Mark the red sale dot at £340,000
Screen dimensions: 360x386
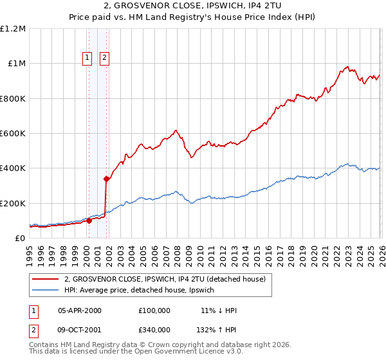[x=106, y=179]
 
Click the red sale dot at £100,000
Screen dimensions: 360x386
[x=89, y=221]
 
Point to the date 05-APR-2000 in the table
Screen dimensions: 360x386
[x=80, y=310]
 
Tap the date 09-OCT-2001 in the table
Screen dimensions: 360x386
[x=80, y=329]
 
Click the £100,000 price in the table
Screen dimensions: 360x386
[x=154, y=310]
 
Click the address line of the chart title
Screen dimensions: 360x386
[x=192, y=6]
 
